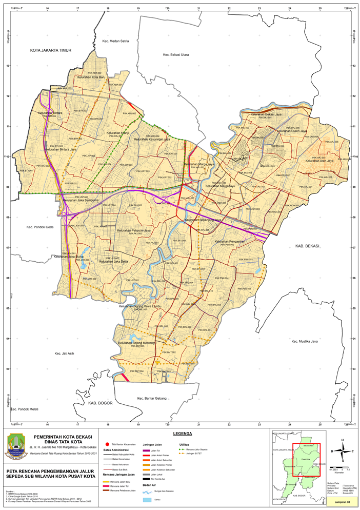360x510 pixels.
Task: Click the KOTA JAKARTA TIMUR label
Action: (50, 50)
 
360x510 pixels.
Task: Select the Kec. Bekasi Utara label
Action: (176, 54)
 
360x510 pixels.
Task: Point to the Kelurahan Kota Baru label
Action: (91, 78)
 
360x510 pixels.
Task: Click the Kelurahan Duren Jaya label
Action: (291, 131)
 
